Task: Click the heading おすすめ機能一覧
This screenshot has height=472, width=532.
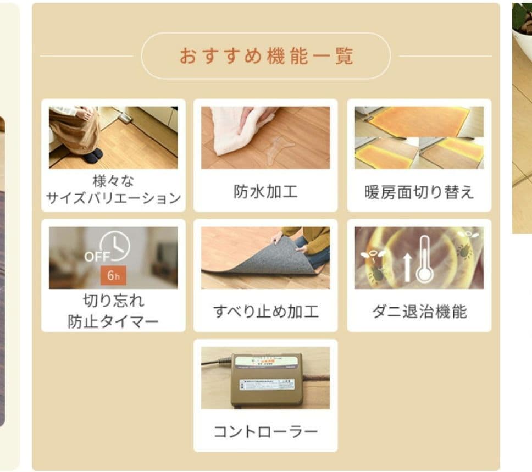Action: click(x=266, y=56)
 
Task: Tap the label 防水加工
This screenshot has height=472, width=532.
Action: click(x=265, y=192)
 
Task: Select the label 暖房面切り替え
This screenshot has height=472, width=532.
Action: click(x=419, y=192)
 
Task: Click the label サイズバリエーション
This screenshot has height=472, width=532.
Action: click(x=113, y=198)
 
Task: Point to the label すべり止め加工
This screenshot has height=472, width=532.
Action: click(x=265, y=312)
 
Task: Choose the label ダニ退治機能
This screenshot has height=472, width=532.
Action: click(x=419, y=312)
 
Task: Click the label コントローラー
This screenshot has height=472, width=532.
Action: click(x=265, y=432)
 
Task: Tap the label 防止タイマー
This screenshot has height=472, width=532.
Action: click(x=113, y=321)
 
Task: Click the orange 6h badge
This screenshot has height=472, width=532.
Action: click(x=113, y=275)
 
